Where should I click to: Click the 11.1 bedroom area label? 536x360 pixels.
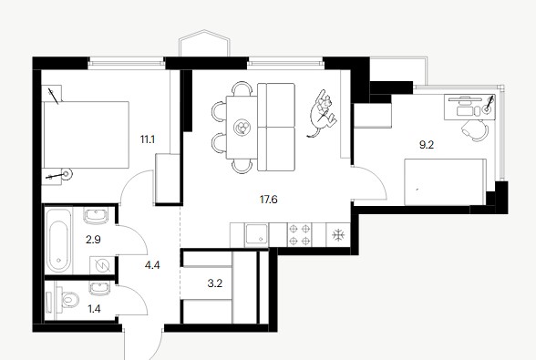(148, 139)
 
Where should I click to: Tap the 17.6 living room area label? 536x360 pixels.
(268, 200)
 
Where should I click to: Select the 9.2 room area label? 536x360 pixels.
(427, 145)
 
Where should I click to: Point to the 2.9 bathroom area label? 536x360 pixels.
(93, 240)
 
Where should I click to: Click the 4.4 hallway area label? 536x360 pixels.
(152, 265)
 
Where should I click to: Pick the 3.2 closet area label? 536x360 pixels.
(215, 283)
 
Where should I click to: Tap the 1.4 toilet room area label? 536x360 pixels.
(94, 309)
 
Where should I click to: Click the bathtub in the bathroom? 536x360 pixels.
(58, 241)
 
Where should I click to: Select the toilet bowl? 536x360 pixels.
(67, 300)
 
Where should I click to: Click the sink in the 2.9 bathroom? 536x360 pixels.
(96, 215)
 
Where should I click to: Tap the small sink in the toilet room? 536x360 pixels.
(100, 288)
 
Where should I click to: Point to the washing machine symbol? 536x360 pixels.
(101, 265)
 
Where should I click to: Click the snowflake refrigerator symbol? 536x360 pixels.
(337, 235)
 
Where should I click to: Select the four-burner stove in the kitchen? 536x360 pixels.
(299, 234)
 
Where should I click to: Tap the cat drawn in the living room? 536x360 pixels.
(323, 114)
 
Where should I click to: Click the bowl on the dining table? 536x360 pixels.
(242, 128)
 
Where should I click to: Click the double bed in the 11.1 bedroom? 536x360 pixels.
(86, 134)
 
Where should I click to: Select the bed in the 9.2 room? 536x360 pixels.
(445, 182)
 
